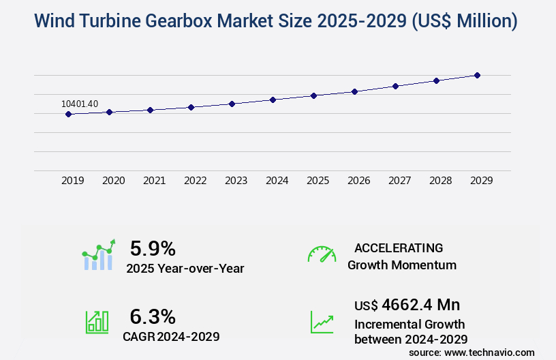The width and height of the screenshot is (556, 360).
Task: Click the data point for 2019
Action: point(68,114)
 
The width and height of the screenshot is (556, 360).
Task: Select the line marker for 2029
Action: point(477,75)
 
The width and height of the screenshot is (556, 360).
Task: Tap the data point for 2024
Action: point(273,100)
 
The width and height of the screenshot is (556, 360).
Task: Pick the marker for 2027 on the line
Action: point(395,86)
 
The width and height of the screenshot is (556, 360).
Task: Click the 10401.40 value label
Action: point(80,104)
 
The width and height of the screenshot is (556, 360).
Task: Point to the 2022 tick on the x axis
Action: point(195,181)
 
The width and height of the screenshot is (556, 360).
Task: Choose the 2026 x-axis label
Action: point(358,181)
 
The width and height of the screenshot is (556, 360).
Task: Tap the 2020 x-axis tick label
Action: point(113,181)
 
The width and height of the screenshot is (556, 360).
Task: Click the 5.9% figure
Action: point(153,248)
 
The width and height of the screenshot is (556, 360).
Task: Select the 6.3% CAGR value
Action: point(153,316)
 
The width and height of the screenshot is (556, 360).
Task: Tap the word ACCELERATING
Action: point(399,248)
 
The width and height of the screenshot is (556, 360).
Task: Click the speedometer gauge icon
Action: point(322,254)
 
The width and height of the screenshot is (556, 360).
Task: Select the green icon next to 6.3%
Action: point(97,321)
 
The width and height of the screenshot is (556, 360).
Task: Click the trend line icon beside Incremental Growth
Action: point(322,321)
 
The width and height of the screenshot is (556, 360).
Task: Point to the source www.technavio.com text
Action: point(472,352)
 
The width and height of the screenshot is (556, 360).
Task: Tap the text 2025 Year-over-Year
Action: point(185,268)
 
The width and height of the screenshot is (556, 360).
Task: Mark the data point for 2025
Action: point(313,95)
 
